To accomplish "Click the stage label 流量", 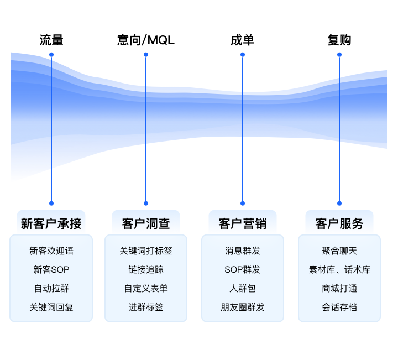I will click(x=51, y=40).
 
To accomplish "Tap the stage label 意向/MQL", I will click(x=146, y=40).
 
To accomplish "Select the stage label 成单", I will click(x=242, y=40).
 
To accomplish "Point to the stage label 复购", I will click(x=339, y=40).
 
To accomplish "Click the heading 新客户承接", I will click(x=51, y=223).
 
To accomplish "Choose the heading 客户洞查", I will click(x=146, y=223).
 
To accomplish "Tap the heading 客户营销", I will click(x=242, y=223).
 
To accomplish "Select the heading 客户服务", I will click(x=339, y=223).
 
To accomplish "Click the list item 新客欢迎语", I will click(x=51, y=251).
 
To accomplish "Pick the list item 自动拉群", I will click(x=51, y=288).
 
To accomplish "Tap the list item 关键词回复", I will click(x=51, y=307).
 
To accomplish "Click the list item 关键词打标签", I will click(x=146, y=251).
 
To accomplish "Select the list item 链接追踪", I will click(x=146, y=269).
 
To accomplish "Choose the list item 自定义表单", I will click(x=146, y=288).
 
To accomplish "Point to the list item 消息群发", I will click(x=242, y=251).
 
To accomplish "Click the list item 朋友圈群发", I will click(x=242, y=307).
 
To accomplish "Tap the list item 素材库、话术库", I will click(x=339, y=269).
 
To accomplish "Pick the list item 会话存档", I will click(x=339, y=307).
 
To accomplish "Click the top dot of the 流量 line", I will click(x=51, y=55).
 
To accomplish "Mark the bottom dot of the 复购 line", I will click(x=339, y=203).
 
